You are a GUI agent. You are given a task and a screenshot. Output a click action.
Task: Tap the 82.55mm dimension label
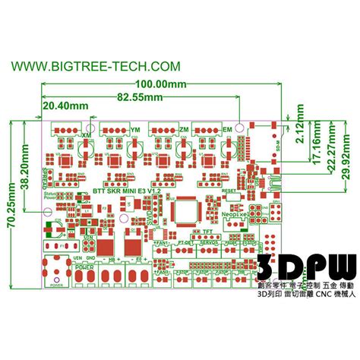140,97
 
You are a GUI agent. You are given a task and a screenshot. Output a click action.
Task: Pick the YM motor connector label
135,133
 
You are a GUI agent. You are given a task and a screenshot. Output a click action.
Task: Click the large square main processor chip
185,210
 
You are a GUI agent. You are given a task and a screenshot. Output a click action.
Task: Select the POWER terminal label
85,268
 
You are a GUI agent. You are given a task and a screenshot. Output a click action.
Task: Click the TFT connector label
207,232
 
